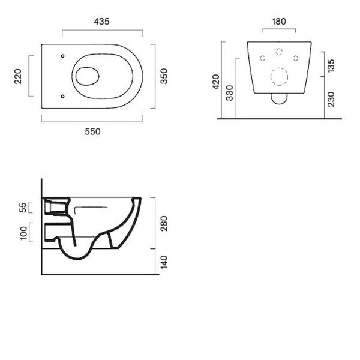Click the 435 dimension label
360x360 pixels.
coord(102,22)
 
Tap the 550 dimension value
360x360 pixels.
coord(92,131)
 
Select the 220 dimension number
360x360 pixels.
coord(18,76)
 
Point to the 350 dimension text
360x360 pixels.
coord(164,76)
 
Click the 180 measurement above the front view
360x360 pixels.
coord(279,22)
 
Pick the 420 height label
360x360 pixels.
coord(216,82)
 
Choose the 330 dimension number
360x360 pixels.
coord(230,93)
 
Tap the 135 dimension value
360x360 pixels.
coord(331,66)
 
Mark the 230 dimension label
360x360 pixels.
coord(331,100)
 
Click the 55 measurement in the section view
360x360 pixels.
coord(23,208)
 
